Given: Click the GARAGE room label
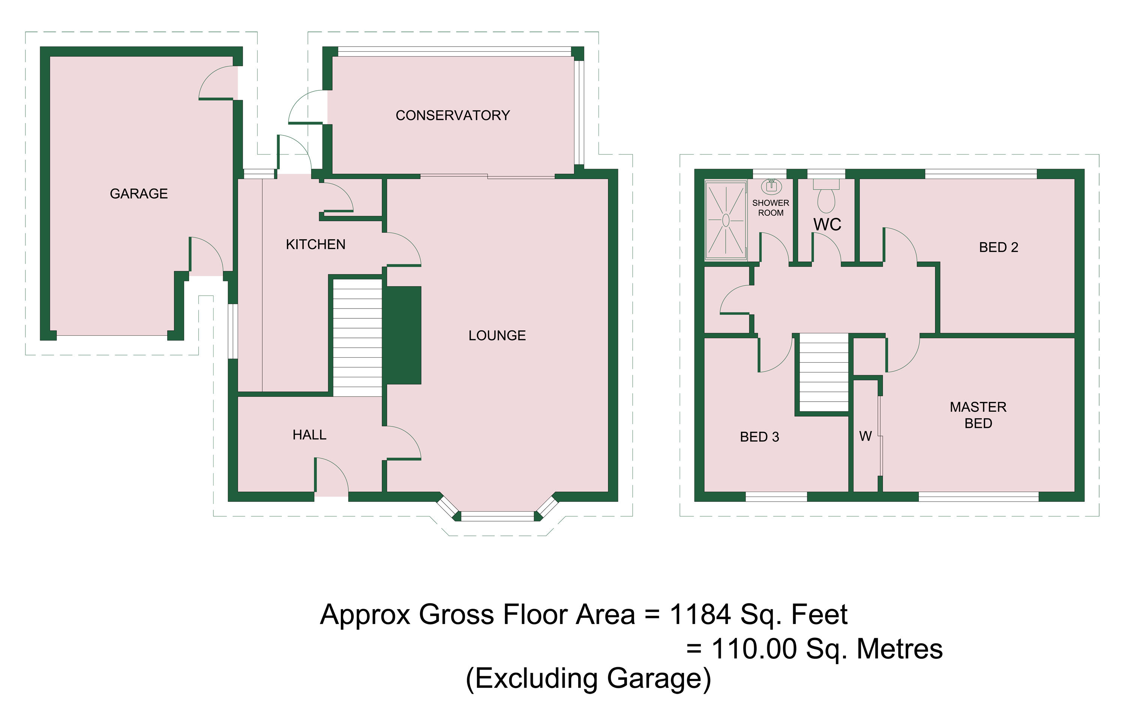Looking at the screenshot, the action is pyautogui.click(x=139, y=194).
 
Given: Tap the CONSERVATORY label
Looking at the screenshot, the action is pyautogui.click(x=453, y=115).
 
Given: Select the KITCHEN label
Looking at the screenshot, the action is pyautogui.click(x=315, y=244).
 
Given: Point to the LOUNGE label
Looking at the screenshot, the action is pyautogui.click(x=497, y=335).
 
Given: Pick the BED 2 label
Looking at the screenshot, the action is pyautogui.click(x=998, y=247).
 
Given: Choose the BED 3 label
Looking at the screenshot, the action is pyautogui.click(x=759, y=437).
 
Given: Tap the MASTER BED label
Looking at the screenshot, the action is pyautogui.click(x=978, y=415).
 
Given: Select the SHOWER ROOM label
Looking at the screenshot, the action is pyautogui.click(x=771, y=208).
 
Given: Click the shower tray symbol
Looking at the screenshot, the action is pyautogui.click(x=726, y=220).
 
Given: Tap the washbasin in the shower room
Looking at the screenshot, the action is pyautogui.click(x=771, y=187).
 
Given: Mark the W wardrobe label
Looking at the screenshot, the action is pyautogui.click(x=865, y=436).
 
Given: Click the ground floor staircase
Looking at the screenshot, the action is pyautogui.click(x=357, y=337).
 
